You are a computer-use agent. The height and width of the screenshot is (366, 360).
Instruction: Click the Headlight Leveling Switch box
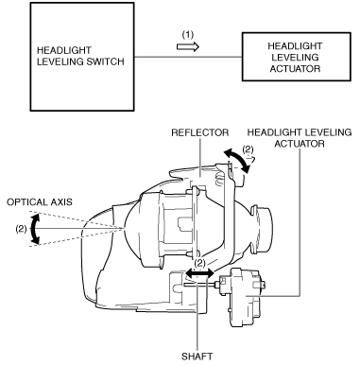(x=82, y=57)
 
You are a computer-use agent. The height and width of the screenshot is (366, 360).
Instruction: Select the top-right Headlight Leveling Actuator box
(x=296, y=57)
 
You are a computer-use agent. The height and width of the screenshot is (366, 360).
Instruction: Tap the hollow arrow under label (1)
(x=188, y=47)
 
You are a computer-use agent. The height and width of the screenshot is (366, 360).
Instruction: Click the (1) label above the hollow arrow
(x=188, y=35)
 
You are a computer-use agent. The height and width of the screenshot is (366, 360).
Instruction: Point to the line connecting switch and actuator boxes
(x=188, y=57)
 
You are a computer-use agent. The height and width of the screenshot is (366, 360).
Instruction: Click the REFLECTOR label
(x=200, y=132)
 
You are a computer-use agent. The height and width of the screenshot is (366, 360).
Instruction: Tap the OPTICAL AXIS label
(x=40, y=202)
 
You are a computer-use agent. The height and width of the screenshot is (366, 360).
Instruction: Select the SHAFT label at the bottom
(x=197, y=357)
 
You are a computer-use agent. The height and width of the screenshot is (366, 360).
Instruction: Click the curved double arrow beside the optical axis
(x=34, y=229)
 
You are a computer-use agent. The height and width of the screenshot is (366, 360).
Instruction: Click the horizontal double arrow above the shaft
(x=199, y=272)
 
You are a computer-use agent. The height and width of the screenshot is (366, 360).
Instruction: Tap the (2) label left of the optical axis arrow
(x=21, y=229)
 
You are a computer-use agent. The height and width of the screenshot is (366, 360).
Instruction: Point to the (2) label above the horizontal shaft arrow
(x=200, y=262)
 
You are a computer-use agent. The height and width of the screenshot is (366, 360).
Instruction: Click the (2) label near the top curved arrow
(x=249, y=149)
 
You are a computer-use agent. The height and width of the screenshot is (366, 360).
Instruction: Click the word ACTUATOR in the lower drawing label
(x=300, y=144)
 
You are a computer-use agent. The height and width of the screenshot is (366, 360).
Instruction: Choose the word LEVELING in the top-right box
(x=296, y=58)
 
